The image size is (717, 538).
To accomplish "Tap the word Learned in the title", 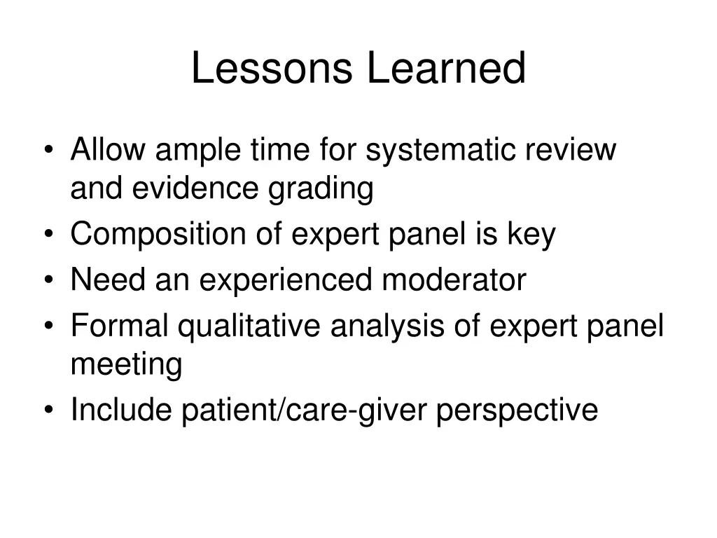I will (x=445, y=69).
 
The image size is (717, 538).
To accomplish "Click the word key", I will (x=531, y=235).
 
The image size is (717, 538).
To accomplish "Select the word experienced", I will (x=286, y=281).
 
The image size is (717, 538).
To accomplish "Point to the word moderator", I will (x=454, y=280).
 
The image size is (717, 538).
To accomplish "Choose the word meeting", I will (x=126, y=365).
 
